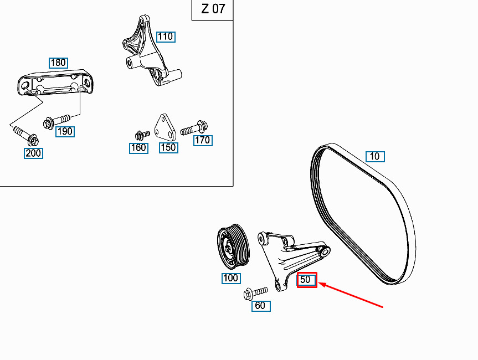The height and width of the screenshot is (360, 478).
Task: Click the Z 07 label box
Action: [213, 10]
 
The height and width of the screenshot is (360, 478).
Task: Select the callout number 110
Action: [166, 37]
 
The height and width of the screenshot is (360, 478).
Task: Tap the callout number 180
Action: [58, 63]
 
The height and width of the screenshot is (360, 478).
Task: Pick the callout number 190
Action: [65, 132]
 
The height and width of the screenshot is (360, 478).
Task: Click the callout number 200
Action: [33, 153]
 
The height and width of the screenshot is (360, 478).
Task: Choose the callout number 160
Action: [138, 148]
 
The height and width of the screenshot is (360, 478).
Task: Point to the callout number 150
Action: [168, 148]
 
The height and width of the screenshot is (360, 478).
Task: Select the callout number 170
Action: [203, 141]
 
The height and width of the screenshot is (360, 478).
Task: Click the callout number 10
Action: [375, 157]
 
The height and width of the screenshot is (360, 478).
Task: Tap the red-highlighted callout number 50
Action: [307, 280]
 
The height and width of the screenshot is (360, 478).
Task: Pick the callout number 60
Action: [261, 306]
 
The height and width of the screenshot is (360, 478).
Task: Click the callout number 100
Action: [231, 278]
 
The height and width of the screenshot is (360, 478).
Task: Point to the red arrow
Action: [351, 295]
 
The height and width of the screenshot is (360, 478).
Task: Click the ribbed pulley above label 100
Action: [233, 246]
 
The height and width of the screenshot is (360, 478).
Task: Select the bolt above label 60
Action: [256, 293]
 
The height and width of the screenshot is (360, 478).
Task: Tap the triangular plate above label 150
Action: [165, 127]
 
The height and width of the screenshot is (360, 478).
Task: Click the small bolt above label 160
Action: [142, 135]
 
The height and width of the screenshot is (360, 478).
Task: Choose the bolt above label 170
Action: [194, 128]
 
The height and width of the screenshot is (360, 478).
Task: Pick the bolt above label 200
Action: [26, 136]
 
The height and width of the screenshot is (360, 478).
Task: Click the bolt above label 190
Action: [56, 121]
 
